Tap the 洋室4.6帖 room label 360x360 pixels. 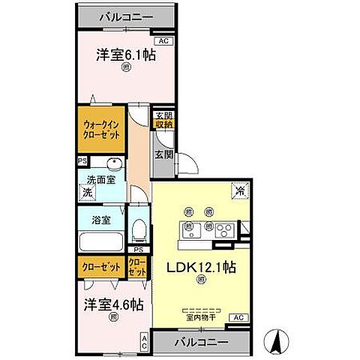pos(112,306)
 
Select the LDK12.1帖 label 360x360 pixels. pos(200,268)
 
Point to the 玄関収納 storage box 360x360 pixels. pos(163,120)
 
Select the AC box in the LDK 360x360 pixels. pos(238,318)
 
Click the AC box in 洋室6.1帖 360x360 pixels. pos(163,42)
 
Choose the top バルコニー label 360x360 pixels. pos(125,15)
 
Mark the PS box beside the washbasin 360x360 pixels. pos(81,160)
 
